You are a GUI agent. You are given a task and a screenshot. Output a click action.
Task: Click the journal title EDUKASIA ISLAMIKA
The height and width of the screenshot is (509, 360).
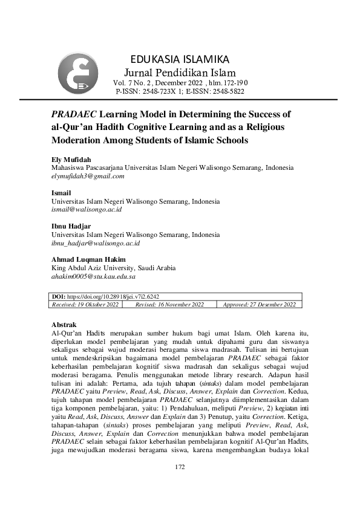180,59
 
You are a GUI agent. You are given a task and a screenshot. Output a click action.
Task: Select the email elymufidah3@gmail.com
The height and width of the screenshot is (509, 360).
88,177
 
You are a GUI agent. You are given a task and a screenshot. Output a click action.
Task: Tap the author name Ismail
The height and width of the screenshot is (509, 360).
61,193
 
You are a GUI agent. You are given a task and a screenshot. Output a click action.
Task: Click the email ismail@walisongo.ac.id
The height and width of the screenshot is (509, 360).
87,210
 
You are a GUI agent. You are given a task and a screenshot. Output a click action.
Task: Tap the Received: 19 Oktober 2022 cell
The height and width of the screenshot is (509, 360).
85,305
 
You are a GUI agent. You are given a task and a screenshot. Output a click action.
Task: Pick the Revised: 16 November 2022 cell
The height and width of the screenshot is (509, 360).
170,305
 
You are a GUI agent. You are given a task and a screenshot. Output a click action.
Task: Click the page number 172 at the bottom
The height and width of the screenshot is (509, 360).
180,467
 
